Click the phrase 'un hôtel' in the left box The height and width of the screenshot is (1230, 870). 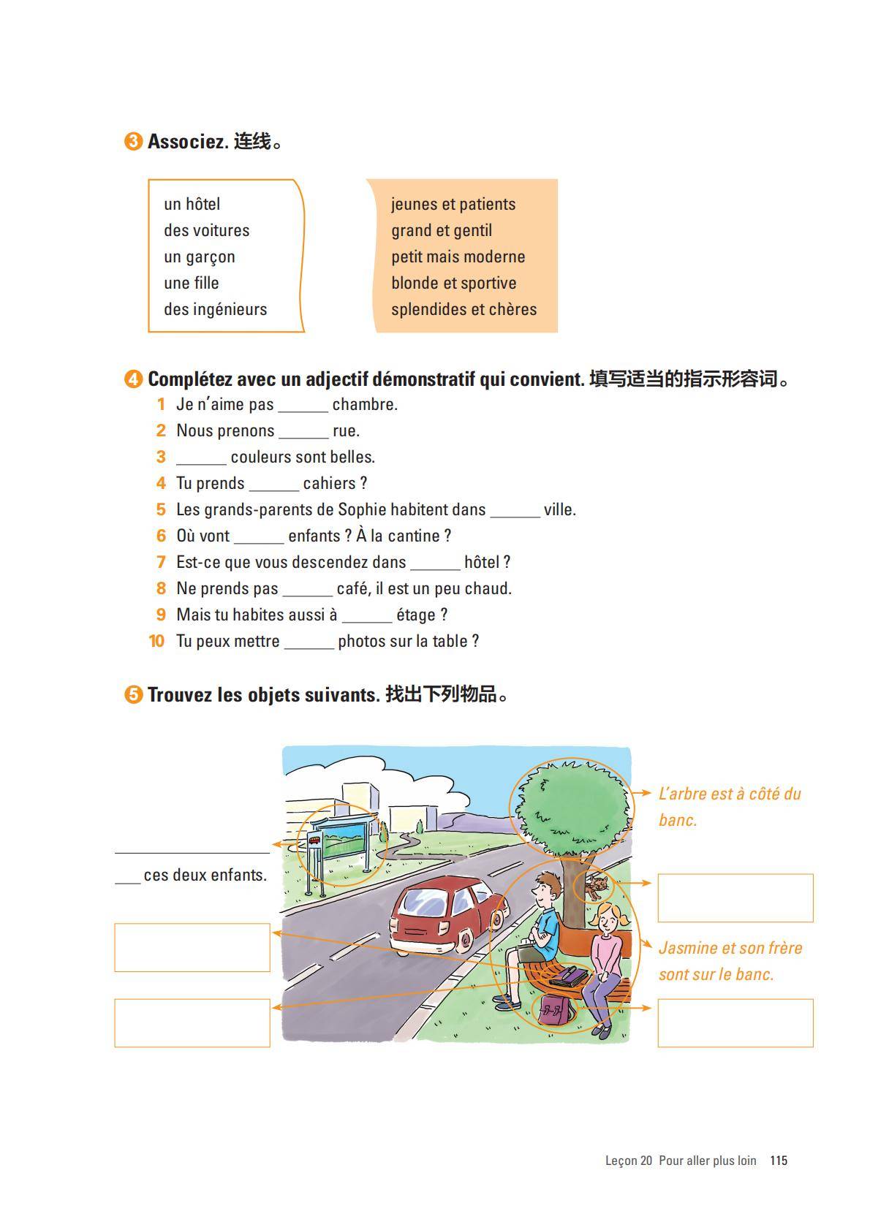192,204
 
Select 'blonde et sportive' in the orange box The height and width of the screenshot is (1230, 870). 453,283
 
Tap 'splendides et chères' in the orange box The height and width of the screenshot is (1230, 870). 464,309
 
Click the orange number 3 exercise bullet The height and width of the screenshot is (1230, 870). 133,141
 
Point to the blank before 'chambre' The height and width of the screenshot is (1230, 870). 303,406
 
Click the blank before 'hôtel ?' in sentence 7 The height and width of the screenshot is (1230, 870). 435,564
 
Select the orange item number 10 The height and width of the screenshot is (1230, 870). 156,641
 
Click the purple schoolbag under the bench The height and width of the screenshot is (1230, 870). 553,1009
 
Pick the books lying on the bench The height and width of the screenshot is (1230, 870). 569,975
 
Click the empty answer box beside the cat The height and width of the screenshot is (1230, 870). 735,897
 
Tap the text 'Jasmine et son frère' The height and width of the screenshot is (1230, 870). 730,948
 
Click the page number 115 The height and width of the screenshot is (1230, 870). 778,1160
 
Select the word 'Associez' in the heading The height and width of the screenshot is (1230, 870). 188,141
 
